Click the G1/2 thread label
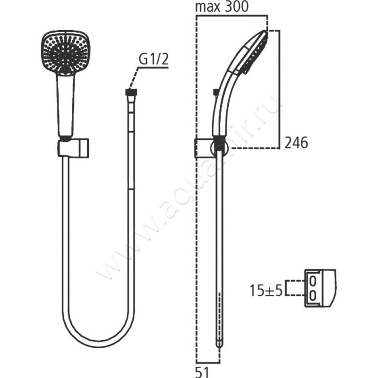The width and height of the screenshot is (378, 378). pyautogui.click(x=154, y=60)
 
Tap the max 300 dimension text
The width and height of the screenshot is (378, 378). pyautogui.click(x=222, y=7)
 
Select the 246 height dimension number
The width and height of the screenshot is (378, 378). pyautogui.click(x=296, y=143)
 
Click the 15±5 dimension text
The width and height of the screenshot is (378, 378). pyautogui.click(x=266, y=290)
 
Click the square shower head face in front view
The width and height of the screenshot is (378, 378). pyautogui.click(x=65, y=52)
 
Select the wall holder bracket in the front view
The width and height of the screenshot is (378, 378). pyautogui.click(x=73, y=147)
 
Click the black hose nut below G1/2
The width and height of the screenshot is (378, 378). pyautogui.click(x=131, y=92)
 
